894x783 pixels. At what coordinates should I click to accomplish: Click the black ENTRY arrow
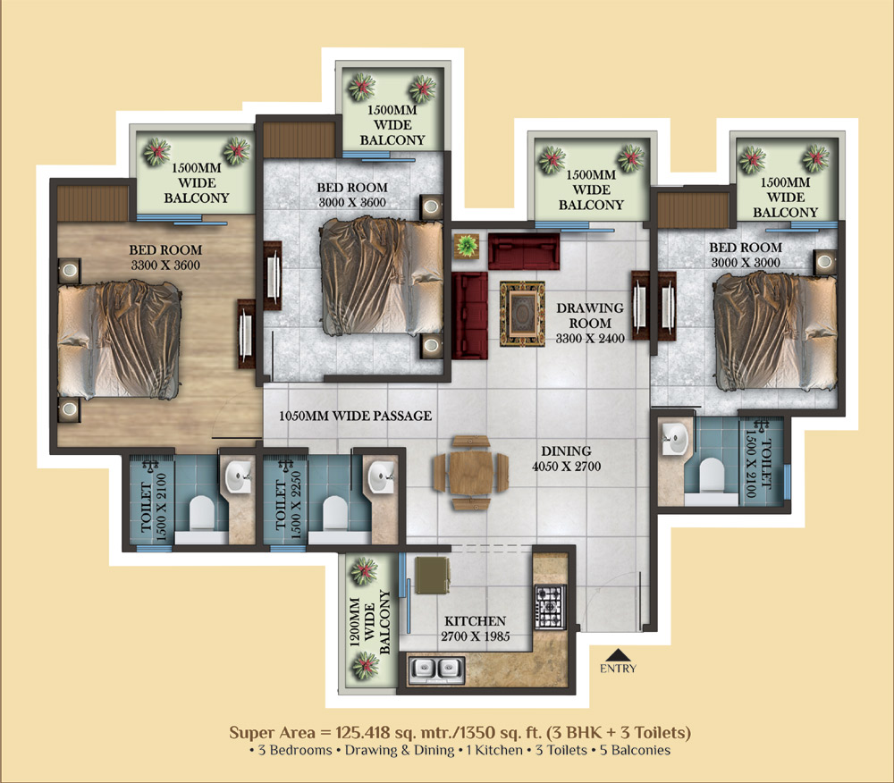pos(618,655)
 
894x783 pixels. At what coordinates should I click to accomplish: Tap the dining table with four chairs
pos(470,473)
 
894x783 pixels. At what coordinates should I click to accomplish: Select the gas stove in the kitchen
pos(550,607)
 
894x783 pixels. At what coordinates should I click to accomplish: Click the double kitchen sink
pos(437,669)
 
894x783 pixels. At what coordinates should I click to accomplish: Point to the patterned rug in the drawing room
pos(522,314)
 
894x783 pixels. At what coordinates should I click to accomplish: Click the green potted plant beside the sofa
pos(467,246)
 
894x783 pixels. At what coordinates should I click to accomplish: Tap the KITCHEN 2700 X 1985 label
pos(475,628)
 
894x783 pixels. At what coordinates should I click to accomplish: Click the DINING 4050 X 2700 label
pos(566,459)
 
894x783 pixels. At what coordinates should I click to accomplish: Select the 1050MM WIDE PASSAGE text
pos(355,416)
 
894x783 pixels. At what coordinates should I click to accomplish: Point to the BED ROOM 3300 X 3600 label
pos(165,257)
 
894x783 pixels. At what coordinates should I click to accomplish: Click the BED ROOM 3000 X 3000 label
pos(746,255)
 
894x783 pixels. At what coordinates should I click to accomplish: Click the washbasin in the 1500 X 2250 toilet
pos(380,477)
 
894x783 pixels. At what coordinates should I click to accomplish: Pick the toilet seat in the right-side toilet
pos(711,476)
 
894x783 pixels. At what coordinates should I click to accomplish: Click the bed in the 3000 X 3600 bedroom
pos(381,277)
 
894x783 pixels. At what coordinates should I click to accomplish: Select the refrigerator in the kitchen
pos(432,576)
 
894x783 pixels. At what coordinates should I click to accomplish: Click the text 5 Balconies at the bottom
pos(635,750)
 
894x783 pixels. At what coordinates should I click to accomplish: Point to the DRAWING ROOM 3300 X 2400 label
pos(590,323)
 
